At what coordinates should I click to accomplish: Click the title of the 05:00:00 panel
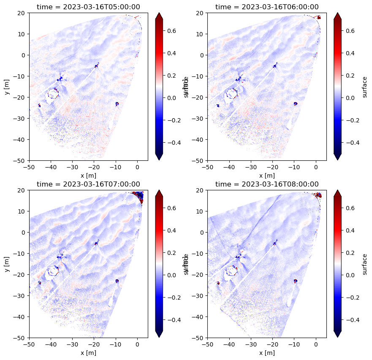(x=88, y=7)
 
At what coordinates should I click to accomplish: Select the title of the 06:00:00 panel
(x=267, y=7)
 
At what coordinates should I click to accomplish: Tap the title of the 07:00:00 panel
(x=88, y=184)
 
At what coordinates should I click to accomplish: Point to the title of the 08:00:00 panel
(x=267, y=184)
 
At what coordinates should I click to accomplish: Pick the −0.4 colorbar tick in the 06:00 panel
(x=352, y=143)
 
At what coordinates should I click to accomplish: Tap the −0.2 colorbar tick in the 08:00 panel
(x=352, y=297)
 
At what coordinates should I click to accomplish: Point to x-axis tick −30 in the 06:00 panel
(x=251, y=167)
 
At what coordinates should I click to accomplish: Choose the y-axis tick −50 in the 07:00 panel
(x=21, y=338)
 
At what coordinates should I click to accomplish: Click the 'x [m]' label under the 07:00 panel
(x=88, y=352)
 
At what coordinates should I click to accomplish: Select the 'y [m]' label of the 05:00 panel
(x=7, y=87)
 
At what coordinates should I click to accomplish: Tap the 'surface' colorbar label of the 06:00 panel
(x=365, y=87)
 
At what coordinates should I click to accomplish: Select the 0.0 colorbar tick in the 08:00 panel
(x=352, y=275)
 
